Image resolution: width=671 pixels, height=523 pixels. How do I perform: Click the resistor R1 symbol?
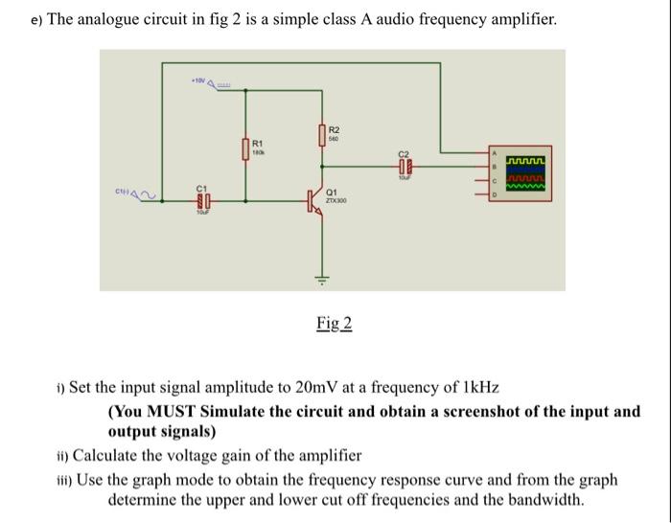[x=246, y=149]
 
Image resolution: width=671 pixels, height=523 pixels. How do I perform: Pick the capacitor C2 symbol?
[x=405, y=165]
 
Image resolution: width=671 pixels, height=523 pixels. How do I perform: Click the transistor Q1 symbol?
[x=315, y=201]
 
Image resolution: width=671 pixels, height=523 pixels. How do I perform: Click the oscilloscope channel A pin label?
[x=495, y=152]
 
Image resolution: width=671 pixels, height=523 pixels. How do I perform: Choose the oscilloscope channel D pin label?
[x=495, y=195]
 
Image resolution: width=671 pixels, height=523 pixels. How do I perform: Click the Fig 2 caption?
[x=335, y=324]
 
